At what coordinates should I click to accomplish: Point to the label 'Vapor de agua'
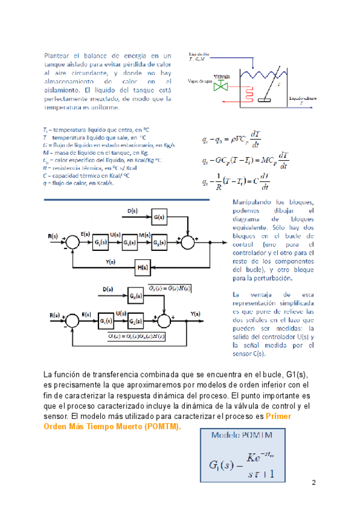(x=200, y=80)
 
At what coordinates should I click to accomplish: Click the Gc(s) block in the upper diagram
(x=100, y=242)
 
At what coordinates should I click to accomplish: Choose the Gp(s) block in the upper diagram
(x=160, y=242)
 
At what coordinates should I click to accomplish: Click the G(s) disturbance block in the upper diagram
(x=159, y=217)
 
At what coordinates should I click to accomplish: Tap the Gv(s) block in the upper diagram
(x=130, y=242)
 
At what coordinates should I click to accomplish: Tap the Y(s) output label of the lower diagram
(x=196, y=314)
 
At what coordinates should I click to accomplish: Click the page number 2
(x=313, y=483)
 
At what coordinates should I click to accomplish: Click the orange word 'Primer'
(x=280, y=415)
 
